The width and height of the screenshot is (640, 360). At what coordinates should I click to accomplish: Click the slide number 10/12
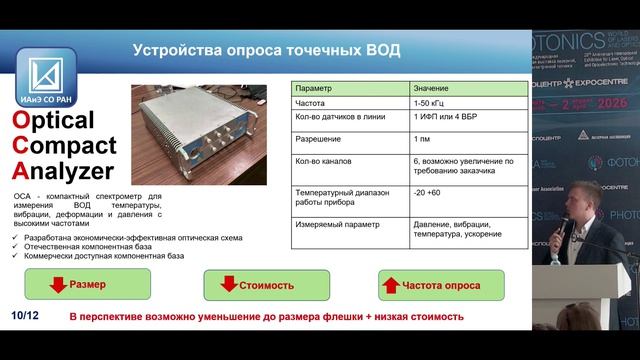click(24, 317)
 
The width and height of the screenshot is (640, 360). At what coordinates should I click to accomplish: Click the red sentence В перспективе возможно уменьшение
click(265, 317)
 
